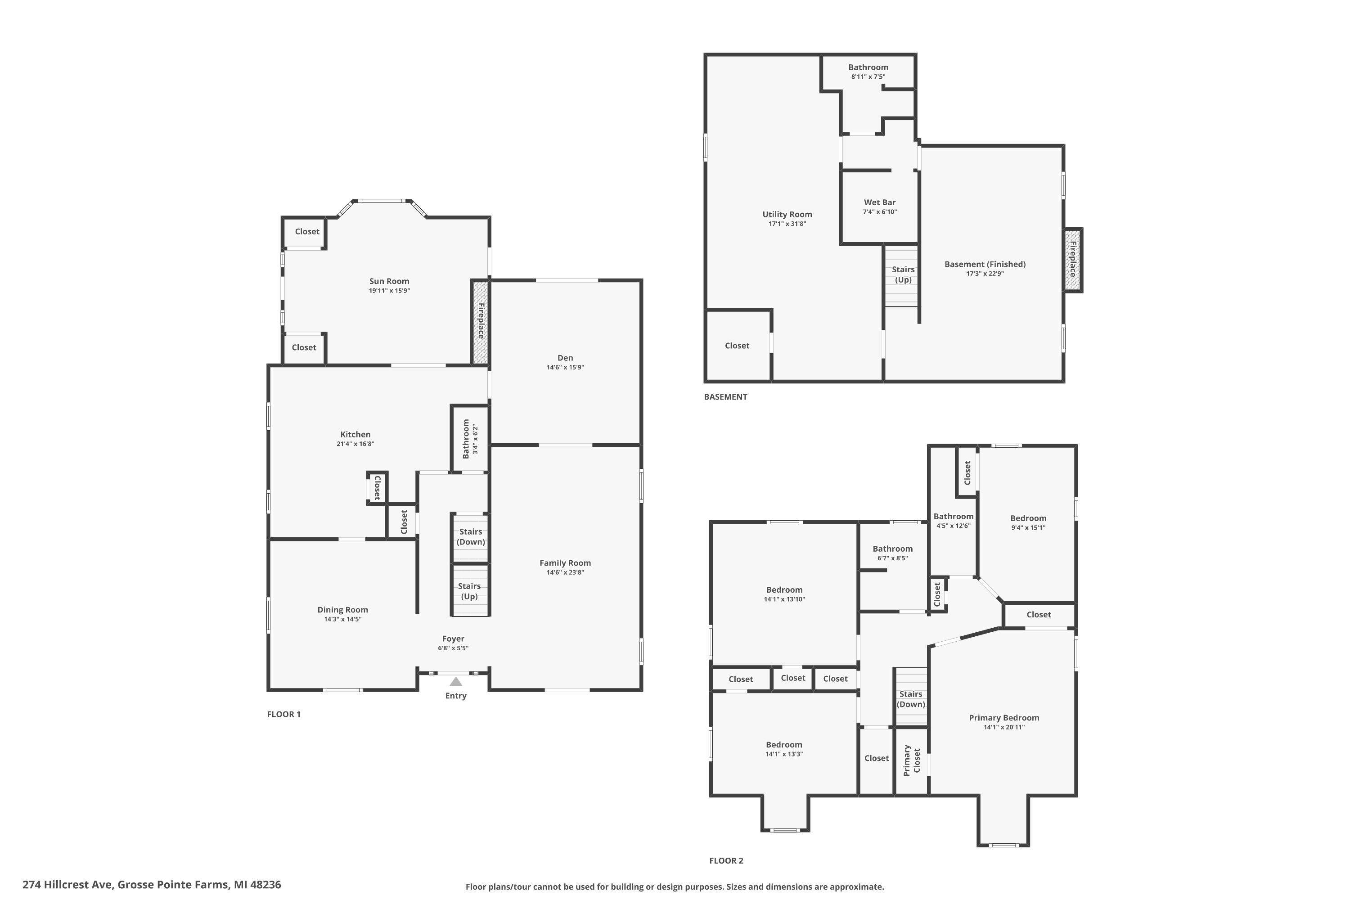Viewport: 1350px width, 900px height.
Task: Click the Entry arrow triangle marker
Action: [x=456, y=682]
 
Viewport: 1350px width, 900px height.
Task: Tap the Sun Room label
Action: [x=389, y=281]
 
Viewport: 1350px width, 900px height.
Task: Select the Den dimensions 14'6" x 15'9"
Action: [x=565, y=367]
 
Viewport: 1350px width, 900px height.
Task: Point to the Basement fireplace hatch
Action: [x=1072, y=261]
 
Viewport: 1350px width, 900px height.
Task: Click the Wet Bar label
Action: [x=880, y=202]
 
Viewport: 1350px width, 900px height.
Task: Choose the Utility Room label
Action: [x=787, y=215]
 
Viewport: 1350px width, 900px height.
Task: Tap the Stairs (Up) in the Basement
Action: [x=903, y=275]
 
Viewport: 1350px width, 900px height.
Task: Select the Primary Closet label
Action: [x=912, y=760]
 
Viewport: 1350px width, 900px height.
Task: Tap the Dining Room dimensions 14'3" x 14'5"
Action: [x=342, y=619]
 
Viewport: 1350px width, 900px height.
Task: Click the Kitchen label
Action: [x=355, y=435]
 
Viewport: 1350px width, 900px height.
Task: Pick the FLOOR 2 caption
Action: [x=726, y=860]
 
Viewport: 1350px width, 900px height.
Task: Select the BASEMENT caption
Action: [x=725, y=396]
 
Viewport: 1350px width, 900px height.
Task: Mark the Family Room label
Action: [x=565, y=563]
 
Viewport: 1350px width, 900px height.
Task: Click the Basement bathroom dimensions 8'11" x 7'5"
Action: [x=868, y=76]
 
